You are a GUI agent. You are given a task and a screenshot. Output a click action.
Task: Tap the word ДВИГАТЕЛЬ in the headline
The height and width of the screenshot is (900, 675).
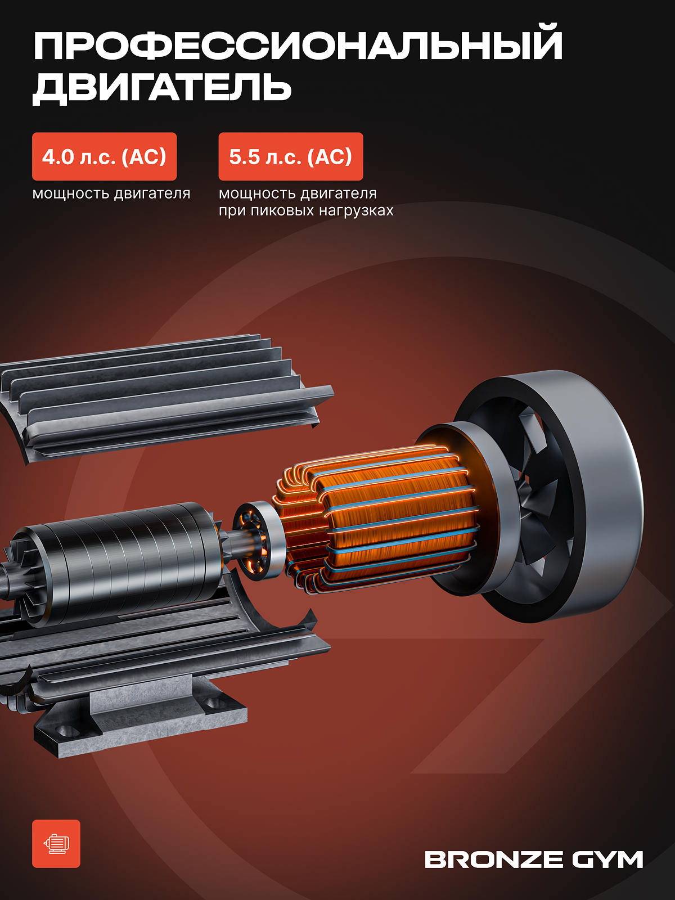click(162, 88)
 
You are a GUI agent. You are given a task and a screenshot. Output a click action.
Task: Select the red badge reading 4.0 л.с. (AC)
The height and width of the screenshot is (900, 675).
click(104, 156)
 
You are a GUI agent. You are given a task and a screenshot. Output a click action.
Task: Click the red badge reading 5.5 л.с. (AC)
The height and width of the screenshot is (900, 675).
click(291, 156)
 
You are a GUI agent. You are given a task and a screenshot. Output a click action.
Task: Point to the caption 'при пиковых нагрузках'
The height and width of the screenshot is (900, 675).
click(306, 211)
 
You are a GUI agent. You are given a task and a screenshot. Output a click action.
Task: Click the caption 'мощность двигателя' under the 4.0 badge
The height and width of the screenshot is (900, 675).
click(111, 193)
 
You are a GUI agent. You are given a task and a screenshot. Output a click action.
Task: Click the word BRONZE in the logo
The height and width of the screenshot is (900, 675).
click(493, 859)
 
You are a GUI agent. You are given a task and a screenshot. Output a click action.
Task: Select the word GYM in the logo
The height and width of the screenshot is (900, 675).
click(607, 859)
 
